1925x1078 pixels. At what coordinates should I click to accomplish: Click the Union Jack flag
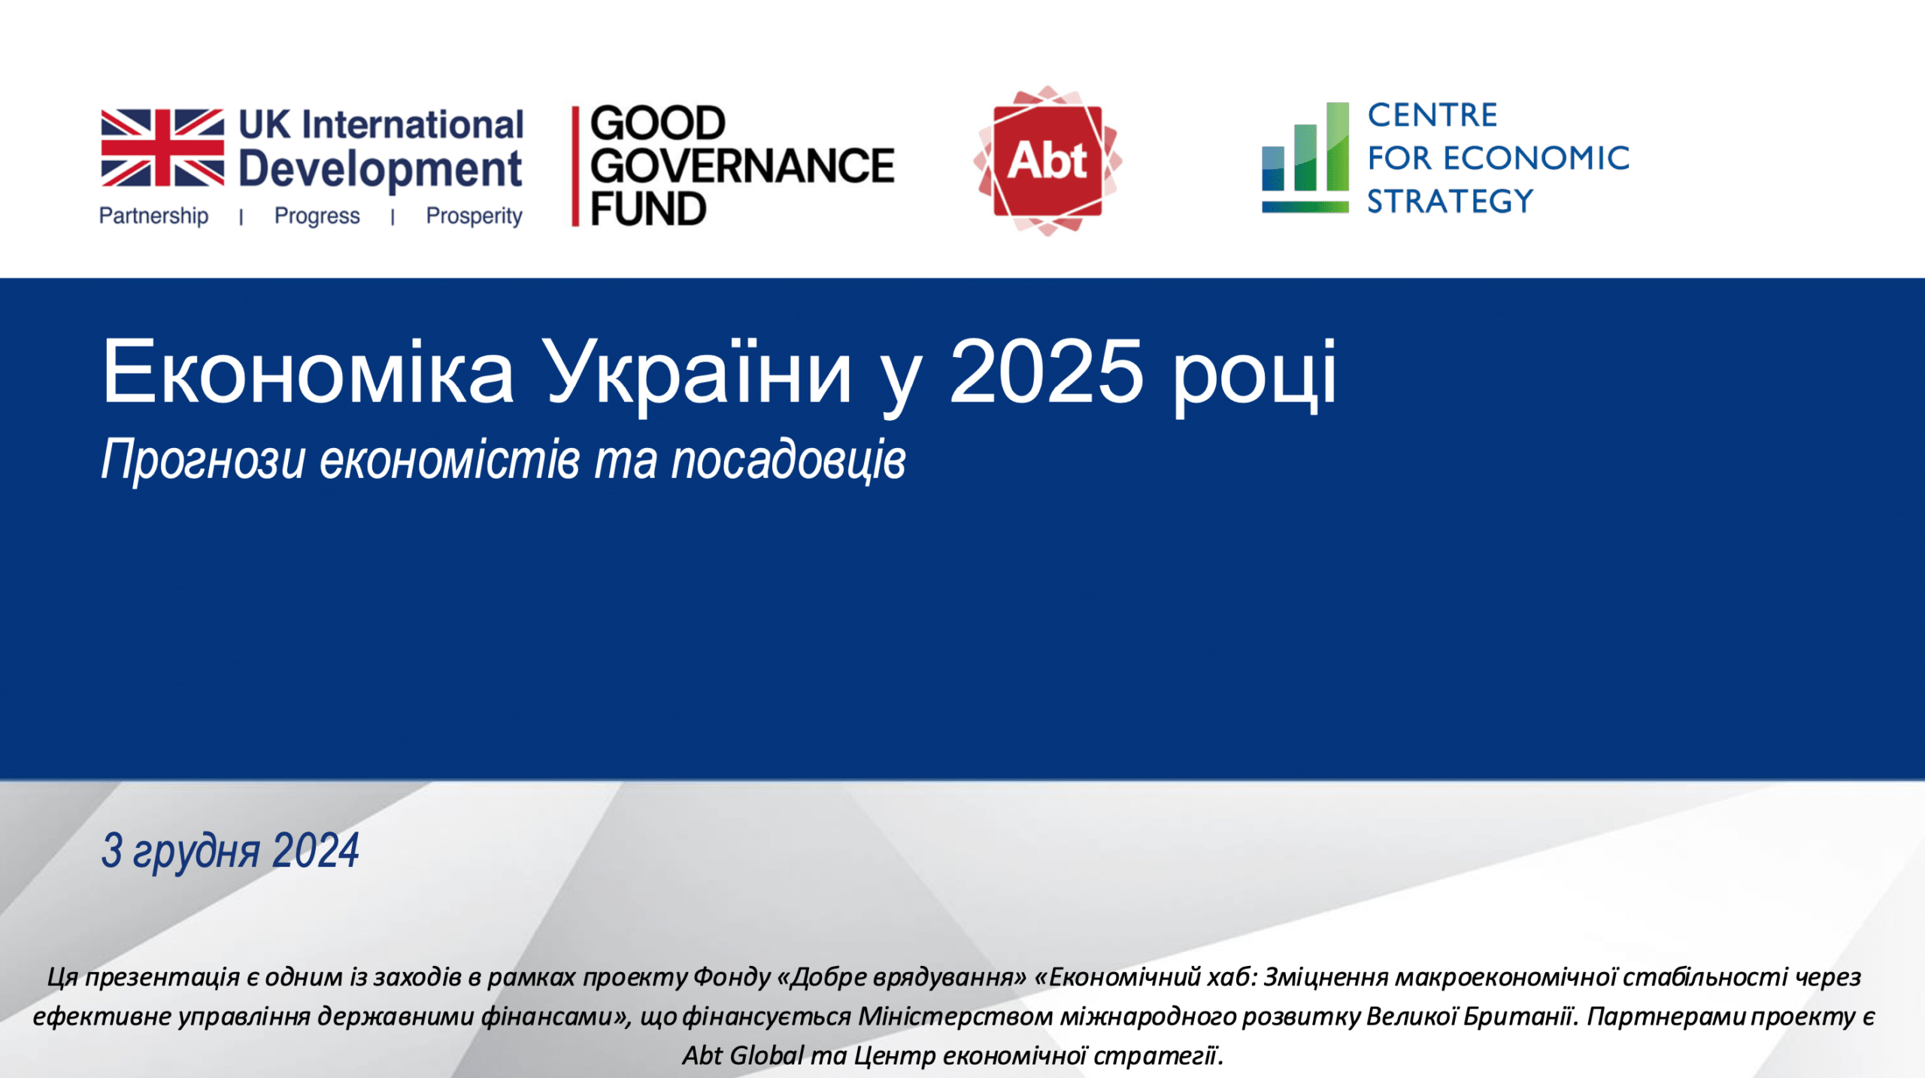click(x=162, y=147)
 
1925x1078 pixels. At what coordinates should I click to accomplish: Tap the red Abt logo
click(x=1047, y=161)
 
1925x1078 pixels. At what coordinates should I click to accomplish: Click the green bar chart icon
click(x=1305, y=158)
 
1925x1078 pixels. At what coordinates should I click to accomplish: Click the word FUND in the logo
click(x=648, y=208)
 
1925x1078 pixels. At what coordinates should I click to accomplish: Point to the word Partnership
click(x=153, y=216)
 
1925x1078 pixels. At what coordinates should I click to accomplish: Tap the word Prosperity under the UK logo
click(x=474, y=217)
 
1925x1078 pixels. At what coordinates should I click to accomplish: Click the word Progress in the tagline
click(x=317, y=217)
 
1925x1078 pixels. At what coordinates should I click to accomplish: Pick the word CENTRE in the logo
click(x=1432, y=116)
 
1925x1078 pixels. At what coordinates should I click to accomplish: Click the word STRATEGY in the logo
click(x=1450, y=201)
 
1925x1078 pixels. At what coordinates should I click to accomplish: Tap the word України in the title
click(x=699, y=374)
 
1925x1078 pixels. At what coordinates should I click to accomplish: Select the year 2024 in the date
click(x=316, y=851)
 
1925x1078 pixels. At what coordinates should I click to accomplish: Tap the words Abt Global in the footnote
click(x=743, y=1055)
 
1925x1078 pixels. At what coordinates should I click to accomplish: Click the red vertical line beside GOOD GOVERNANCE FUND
click(x=575, y=166)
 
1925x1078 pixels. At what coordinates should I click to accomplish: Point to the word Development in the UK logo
click(x=380, y=170)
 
